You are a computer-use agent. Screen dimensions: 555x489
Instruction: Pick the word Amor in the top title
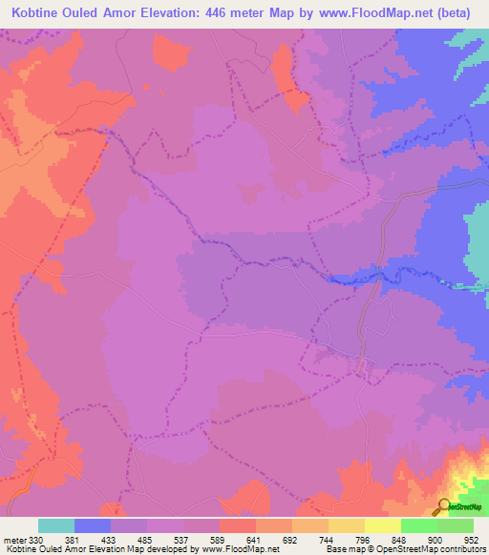point(120,12)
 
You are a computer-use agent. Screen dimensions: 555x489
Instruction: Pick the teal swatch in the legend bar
point(56,525)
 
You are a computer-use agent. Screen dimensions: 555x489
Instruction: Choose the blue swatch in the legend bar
point(93,525)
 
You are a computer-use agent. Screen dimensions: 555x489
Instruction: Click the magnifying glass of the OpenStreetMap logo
point(444,506)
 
